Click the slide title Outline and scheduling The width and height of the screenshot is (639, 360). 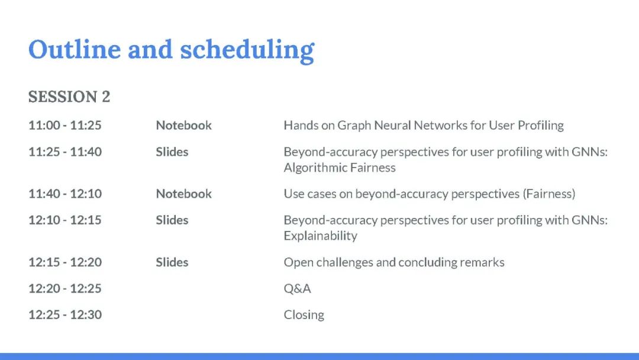pyautogui.click(x=171, y=50)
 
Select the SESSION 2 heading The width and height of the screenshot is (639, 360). pyautogui.click(x=69, y=97)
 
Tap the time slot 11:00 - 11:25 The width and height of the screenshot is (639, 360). pyautogui.click(x=65, y=125)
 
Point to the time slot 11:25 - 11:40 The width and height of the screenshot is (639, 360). pyautogui.click(x=65, y=152)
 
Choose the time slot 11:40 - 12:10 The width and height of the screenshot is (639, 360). pyautogui.click(x=65, y=194)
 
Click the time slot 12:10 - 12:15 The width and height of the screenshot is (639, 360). pyautogui.click(x=65, y=220)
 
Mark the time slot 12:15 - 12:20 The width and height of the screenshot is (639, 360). pyautogui.click(x=65, y=262)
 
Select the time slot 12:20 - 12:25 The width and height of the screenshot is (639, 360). pyautogui.click(x=65, y=289)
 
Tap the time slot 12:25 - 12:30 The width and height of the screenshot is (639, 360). pyautogui.click(x=65, y=315)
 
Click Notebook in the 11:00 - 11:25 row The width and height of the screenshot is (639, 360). pyautogui.click(x=184, y=125)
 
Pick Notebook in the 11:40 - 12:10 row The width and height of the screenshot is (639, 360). pyautogui.click(x=184, y=194)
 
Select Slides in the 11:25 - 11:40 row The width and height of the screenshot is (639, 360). pyautogui.click(x=172, y=152)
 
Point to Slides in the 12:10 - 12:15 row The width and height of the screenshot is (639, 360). pyautogui.click(x=172, y=220)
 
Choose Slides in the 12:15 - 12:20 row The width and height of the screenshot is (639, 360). pyautogui.click(x=172, y=262)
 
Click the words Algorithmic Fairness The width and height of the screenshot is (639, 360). pyautogui.click(x=340, y=168)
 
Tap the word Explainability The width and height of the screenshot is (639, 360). pyautogui.click(x=320, y=236)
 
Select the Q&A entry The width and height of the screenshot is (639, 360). pyautogui.click(x=297, y=289)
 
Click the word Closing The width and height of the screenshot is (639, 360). pyautogui.click(x=304, y=315)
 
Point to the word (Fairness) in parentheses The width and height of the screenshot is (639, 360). pyautogui.click(x=549, y=194)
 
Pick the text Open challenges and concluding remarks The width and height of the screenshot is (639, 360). pyautogui.click(x=394, y=262)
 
